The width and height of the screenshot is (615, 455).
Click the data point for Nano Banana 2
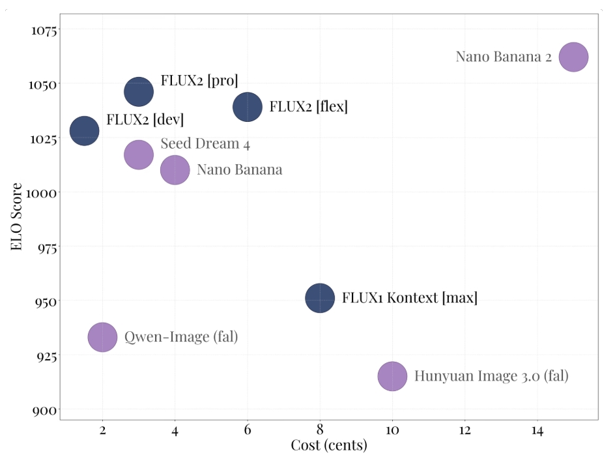coord(573,57)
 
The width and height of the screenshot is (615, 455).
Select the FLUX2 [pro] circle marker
coord(139,92)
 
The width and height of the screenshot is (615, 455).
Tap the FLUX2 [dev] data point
coord(84,131)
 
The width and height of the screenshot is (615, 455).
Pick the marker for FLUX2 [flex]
coord(248,107)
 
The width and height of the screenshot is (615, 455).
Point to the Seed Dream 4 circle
coord(138,154)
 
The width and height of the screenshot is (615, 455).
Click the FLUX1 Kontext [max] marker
coord(320,299)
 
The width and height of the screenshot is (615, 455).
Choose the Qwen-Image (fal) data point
coord(102,337)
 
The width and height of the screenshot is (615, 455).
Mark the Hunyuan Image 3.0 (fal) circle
coord(392,376)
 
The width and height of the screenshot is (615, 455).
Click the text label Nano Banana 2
coord(504,57)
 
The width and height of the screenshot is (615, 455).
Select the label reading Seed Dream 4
coord(205,144)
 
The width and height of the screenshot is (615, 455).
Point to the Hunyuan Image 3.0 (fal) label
coord(491,376)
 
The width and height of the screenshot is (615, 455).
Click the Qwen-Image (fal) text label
coord(181,337)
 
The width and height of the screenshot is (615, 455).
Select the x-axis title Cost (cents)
coord(328,446)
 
